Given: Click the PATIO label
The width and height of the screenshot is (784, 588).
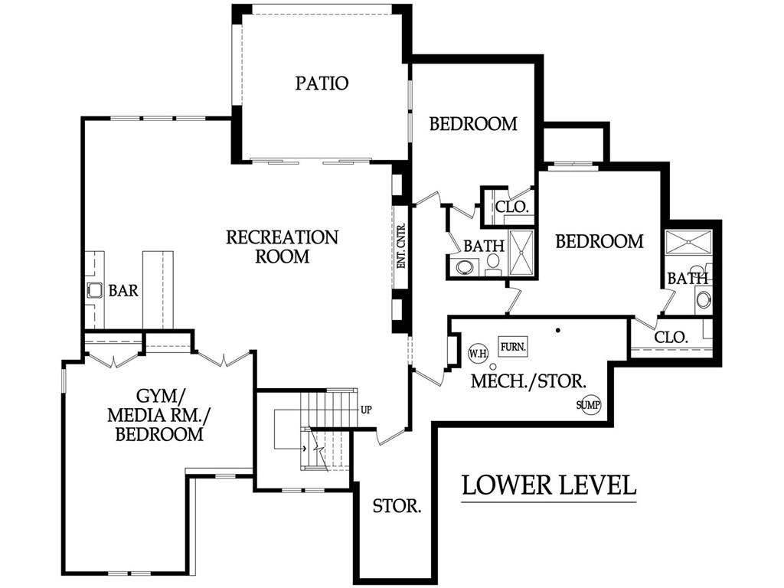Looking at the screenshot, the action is click(x=322, y=83).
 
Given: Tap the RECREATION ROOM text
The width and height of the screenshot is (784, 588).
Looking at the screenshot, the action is click(x=282, y=247).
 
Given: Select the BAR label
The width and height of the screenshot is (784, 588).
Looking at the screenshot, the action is click(x=123, y=290).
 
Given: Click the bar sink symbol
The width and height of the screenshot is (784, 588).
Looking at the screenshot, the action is click(x=94, y=290).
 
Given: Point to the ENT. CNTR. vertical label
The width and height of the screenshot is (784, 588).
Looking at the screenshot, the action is click(x=401, y=246).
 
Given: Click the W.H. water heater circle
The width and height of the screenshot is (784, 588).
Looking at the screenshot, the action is click(x=478, y=354).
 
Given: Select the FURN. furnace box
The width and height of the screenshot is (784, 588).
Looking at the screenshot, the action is click(x=514, y=346).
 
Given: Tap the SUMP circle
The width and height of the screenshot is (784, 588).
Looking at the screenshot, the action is click(x=588, y=404).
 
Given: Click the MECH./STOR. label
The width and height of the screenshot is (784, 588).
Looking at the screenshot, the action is click(x=528, y=381).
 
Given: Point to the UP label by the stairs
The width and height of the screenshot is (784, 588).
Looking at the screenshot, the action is click(x=366, y=410).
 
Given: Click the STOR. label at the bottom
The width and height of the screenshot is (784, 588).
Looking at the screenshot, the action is click(x=397, y=506).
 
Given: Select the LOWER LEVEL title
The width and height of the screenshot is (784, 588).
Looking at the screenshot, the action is click(x=548, y=485).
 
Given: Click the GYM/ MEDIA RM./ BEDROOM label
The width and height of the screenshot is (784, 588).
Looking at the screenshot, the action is click(x=159, y=415).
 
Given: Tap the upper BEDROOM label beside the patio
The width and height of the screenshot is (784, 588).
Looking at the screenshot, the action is click(x=473, y=124).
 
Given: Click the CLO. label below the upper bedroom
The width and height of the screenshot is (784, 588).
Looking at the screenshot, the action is click(x=511, y=207).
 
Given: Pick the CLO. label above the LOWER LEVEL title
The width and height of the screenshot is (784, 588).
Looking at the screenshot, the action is click(x=671, y=338).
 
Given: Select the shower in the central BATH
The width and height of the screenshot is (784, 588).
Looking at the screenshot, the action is click(x=521, y=252).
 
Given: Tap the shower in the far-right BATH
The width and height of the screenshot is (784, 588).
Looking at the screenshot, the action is click(x=688, y=243).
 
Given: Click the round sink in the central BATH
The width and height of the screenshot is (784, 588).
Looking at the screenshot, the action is click(x=465, y=267).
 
